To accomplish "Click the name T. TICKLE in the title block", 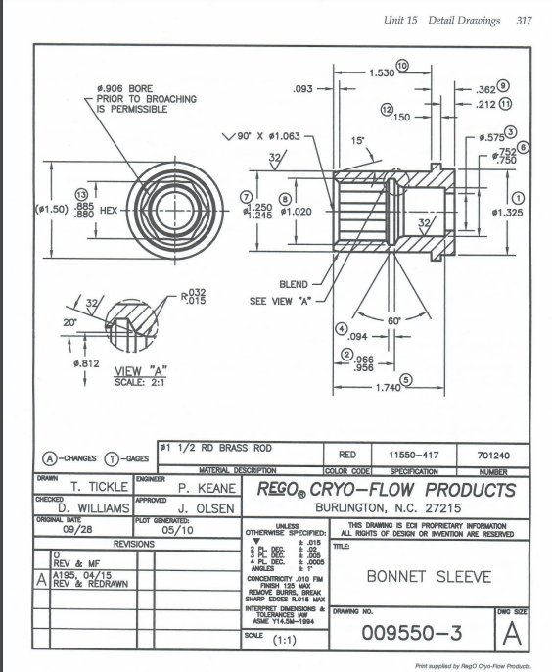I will coord(106,487).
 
